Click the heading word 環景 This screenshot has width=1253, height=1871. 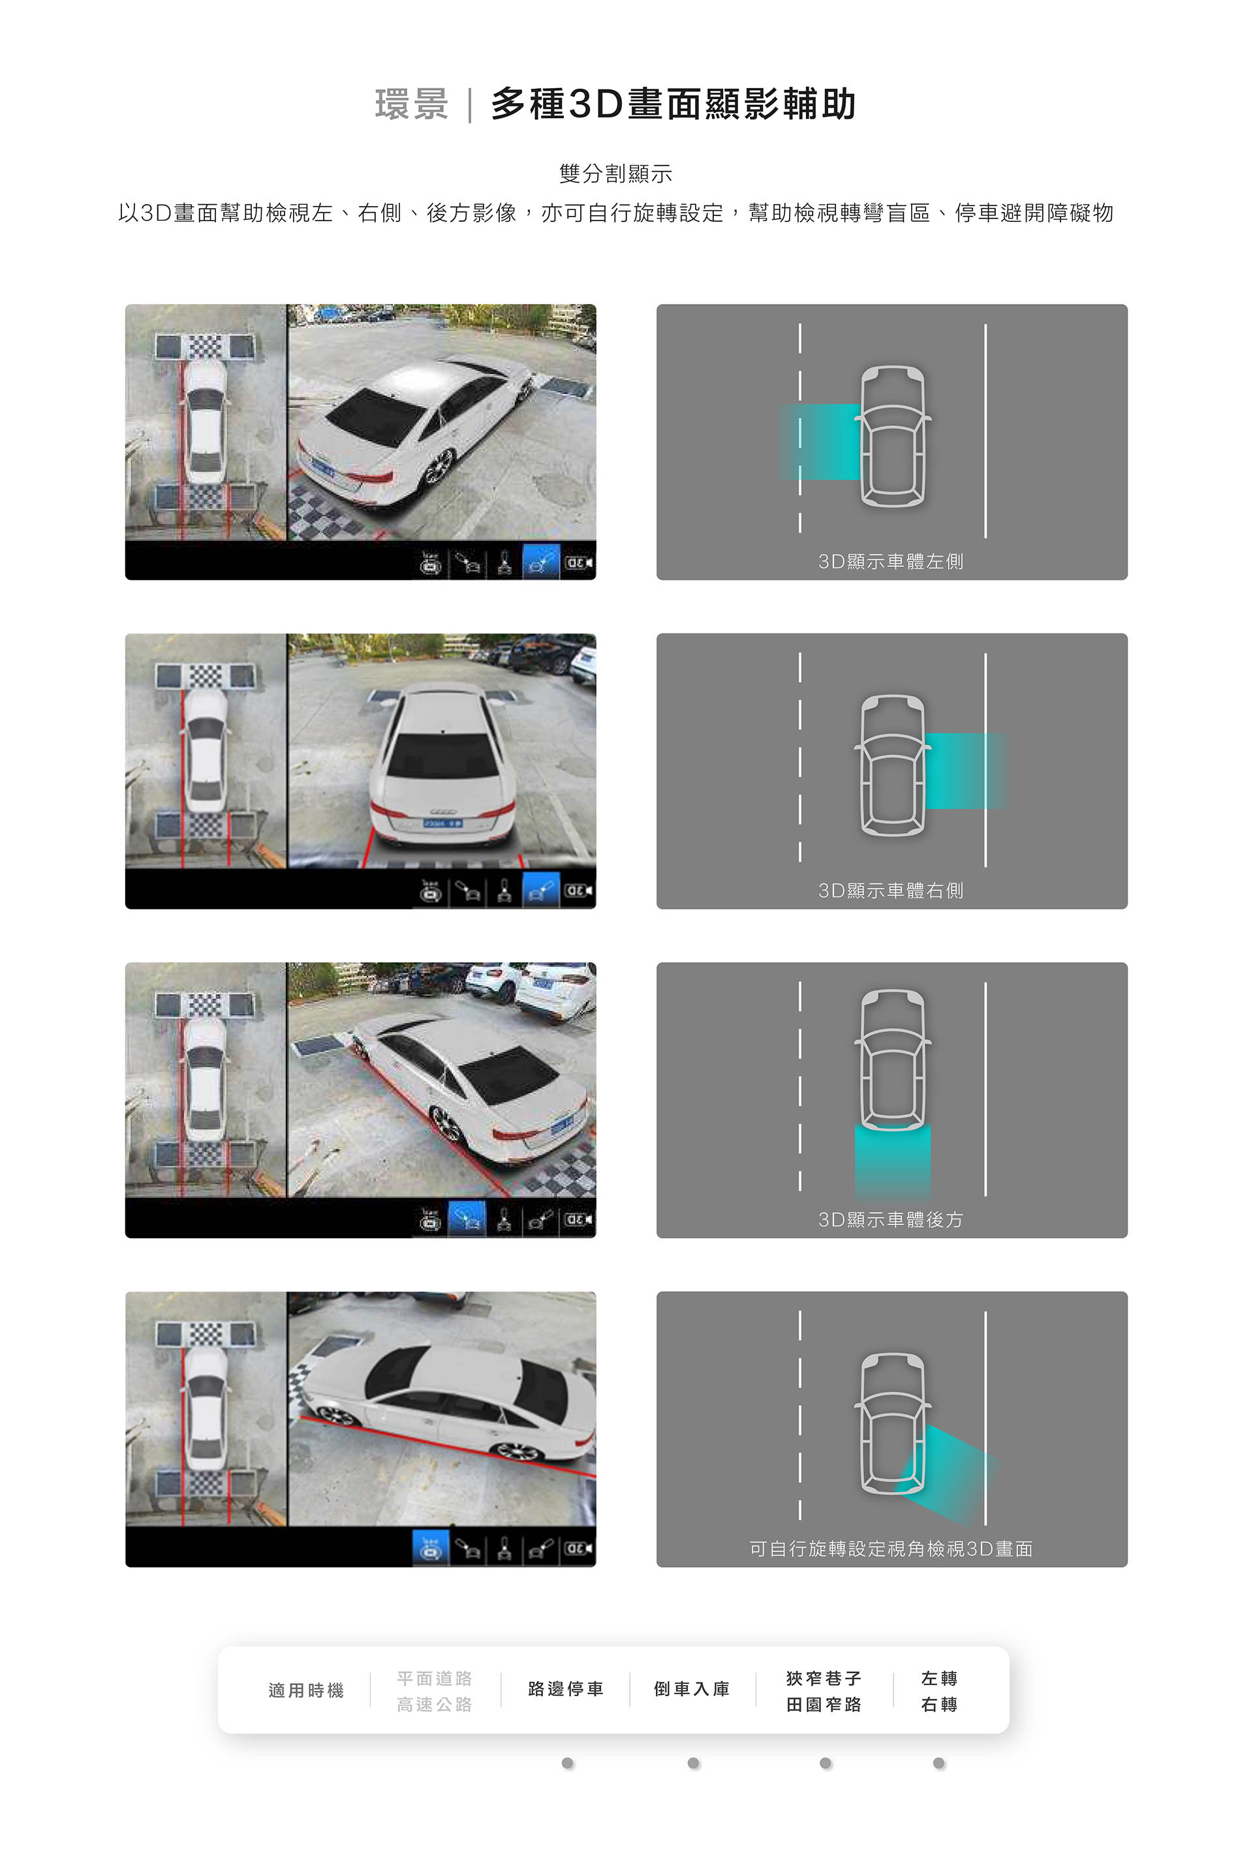(x=412, y=104)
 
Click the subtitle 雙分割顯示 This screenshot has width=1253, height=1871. (x=615, y=174)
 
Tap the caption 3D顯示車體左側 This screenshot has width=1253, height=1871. (x=891, y=562)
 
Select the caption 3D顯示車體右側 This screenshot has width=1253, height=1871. (x=891, y=890)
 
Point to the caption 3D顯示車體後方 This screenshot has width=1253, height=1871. (x=891, y=1220)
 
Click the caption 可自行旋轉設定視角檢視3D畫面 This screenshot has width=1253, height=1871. (x=891, y=1549)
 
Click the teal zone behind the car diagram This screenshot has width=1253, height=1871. (x=893, y=1160)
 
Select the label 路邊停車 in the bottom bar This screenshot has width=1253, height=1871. (x=566, y=1689)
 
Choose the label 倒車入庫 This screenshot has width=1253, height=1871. (x=692, y=1689)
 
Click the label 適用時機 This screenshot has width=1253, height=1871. (x=306, y=1690)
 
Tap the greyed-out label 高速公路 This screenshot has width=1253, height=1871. (x=435, y=1705)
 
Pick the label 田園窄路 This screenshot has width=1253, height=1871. (x=824, y=1705)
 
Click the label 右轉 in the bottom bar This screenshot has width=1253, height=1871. (x=939, y=1705)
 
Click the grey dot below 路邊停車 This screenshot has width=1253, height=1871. (x=567, y=1763)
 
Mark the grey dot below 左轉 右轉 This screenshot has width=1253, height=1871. (x=939, y=1763)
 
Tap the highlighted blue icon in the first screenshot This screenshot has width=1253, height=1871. (x=541, y=562)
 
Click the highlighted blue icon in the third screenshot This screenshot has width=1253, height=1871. (x=467, y=1219)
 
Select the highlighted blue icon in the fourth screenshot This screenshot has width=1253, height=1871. (x=431, y=1548)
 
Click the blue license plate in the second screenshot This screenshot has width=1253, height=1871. (x=442, y=822)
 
